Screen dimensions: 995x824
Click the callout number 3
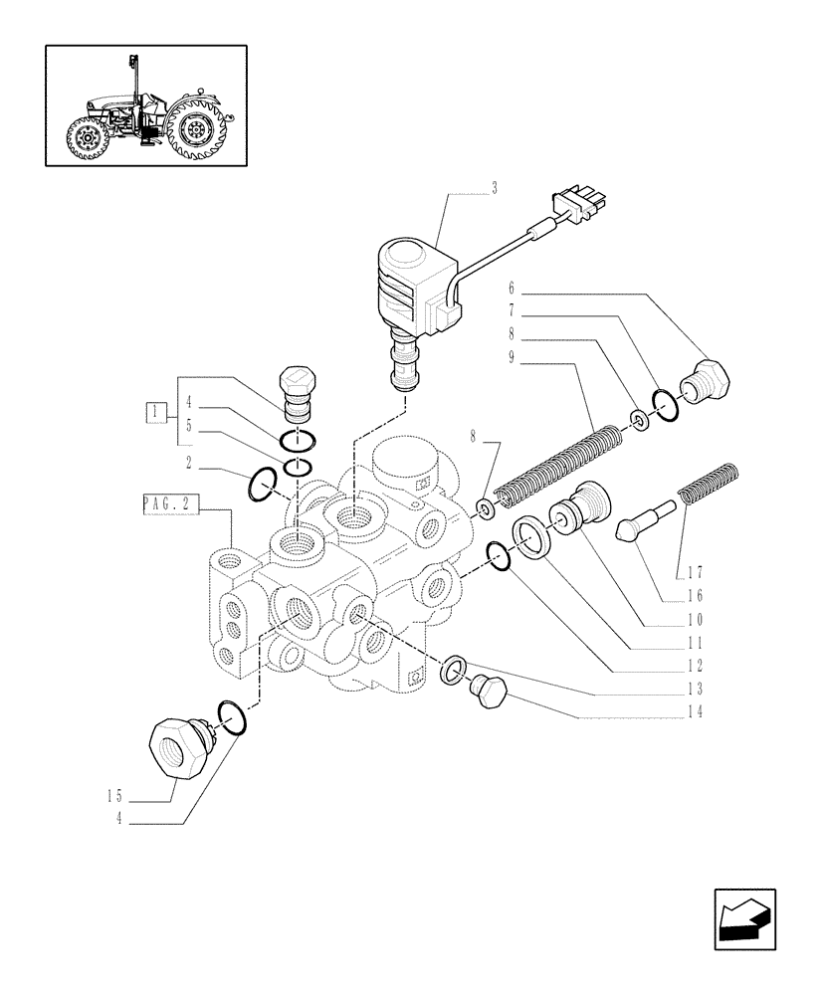pos(494,188)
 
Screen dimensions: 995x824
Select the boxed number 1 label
pos(154,410)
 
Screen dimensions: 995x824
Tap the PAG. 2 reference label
pos(169,507)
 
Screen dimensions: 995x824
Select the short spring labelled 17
pos(706,483)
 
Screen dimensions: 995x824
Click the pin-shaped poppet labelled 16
pos(645,520)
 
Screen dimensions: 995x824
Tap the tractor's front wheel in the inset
pos(91,139)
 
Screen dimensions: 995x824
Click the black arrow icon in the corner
pos(743,918)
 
